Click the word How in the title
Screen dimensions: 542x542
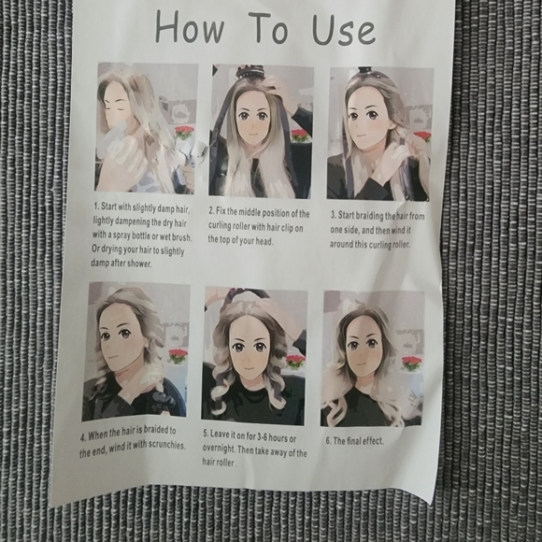[190, 28]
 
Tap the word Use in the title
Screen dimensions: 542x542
[343, 30]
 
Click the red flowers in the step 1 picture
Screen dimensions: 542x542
[184, 133]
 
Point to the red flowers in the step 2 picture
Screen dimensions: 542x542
[300, 135]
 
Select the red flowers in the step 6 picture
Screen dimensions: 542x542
[411, 364]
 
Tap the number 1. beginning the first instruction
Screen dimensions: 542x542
[96, 206]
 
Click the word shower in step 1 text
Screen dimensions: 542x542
[139, 264]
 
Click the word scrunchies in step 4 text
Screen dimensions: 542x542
[166, 445]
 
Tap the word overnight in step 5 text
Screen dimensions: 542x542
[219, 449]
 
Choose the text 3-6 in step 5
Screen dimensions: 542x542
[260, 436]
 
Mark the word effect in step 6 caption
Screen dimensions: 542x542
[374, 441]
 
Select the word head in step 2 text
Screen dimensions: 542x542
[264, 241]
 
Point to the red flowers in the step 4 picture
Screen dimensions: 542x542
[178, 356]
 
